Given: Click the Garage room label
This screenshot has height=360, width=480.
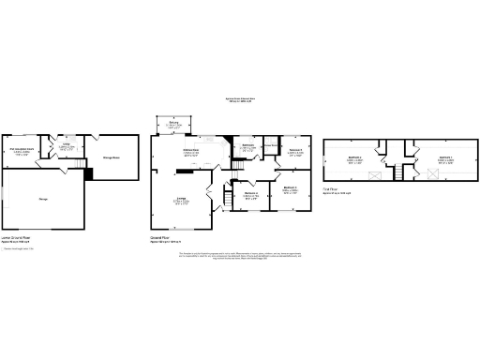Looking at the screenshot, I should coord(42,199).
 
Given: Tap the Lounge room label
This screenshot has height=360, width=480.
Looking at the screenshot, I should coord(179,199).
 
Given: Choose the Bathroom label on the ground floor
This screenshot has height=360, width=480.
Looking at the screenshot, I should coord(248,146).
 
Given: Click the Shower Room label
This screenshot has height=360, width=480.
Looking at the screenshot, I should coord(271,145).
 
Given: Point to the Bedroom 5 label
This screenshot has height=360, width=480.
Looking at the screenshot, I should coord(294,150).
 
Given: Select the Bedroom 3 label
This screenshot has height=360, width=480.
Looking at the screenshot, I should coord(290,187).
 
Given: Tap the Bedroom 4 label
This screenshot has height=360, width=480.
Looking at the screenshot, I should coord(251,194).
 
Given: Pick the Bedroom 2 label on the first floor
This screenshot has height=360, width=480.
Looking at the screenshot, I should coord(355,157).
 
